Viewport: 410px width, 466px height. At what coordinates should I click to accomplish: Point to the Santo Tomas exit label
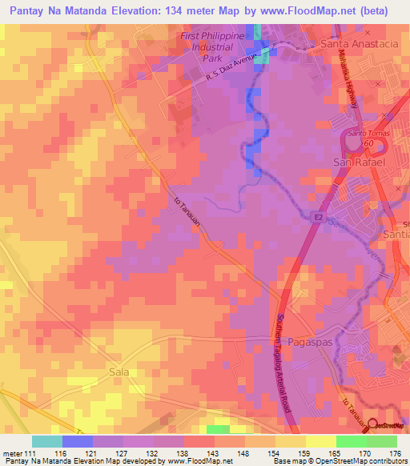coord(366,134)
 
